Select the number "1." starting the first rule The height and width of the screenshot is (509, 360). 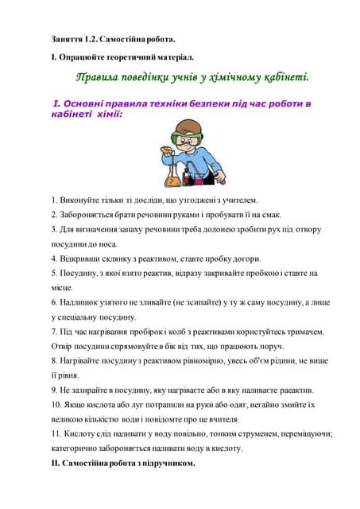(53, 200)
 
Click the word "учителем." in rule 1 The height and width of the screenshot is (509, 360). (236, 200)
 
